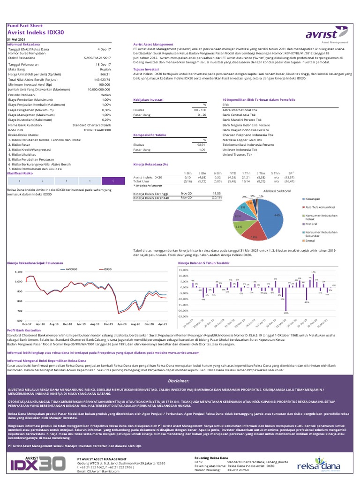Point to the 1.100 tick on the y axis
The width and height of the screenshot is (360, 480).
[18, 272]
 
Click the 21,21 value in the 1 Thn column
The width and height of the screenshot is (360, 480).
[245, 178]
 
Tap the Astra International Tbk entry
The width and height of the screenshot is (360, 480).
[240, 110]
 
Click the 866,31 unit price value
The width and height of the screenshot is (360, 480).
[105, 75]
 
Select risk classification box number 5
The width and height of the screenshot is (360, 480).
[114, 180]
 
